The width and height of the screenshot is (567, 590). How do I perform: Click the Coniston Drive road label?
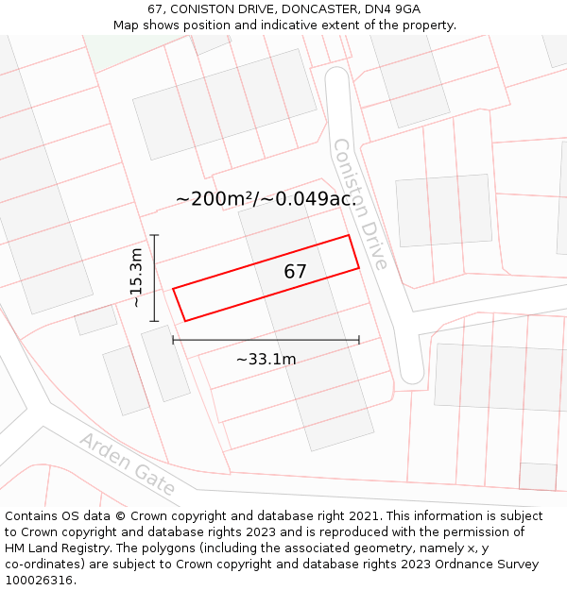360,204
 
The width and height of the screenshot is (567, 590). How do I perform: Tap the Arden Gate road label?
128,464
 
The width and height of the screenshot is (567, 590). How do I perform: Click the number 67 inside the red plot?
296,272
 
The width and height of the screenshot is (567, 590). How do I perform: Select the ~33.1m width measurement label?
266,359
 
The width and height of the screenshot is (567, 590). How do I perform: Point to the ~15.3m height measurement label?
137,278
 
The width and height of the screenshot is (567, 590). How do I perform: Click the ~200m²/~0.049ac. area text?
266,198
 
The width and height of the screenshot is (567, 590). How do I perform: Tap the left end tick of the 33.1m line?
173,340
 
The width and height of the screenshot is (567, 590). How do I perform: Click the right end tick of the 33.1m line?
359,340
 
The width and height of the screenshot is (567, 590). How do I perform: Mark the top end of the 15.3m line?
154,235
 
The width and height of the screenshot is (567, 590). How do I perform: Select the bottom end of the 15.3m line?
154,321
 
